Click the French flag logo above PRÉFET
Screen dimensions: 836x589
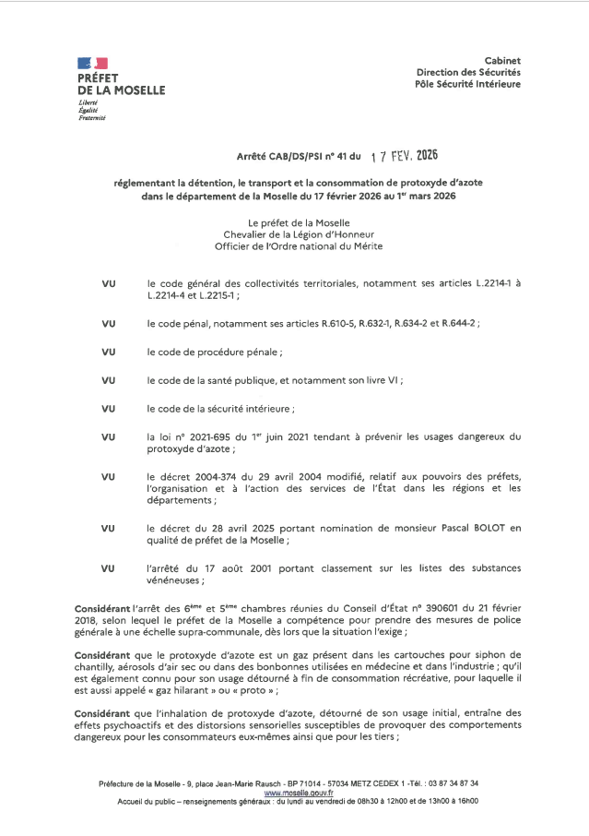[x=93, y=63]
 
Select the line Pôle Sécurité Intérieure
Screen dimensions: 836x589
[x=467, y=84]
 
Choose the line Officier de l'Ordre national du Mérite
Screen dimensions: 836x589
[x=298, y=246]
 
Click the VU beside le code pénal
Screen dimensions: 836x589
[x=109, y=325]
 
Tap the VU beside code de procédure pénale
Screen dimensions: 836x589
[x=109, y=352]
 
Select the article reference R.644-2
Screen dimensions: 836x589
[x=459, y=325]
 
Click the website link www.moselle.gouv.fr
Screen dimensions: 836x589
[x=298, y=793]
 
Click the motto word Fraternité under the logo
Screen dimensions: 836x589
[x=92, y=119]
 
